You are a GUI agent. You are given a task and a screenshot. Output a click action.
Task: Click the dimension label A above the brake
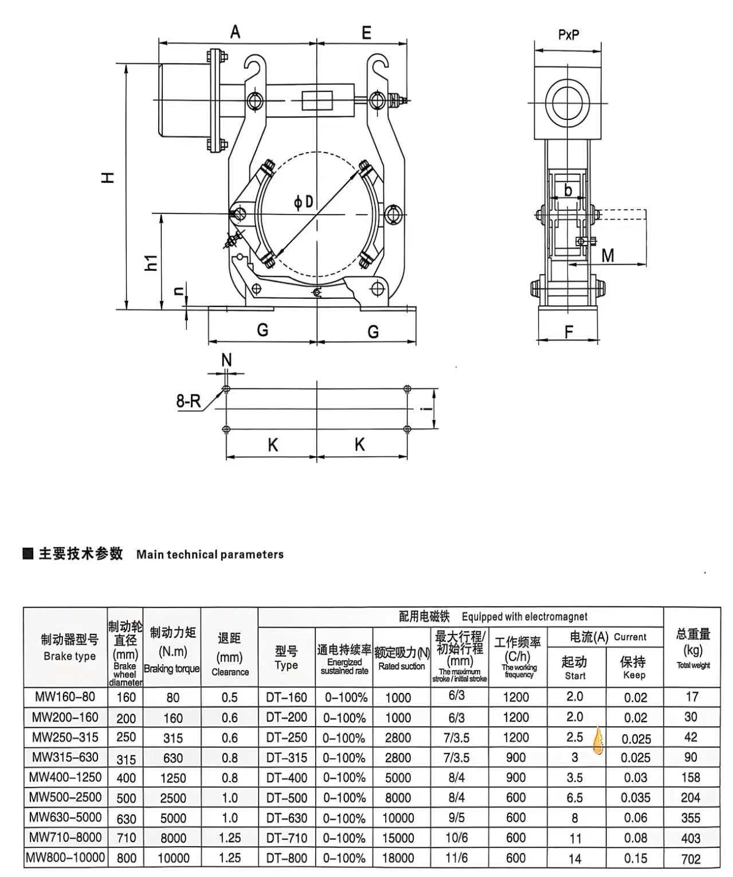pyautogui.click(x=235, y=32)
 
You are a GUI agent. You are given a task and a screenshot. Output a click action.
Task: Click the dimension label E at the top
pyautogui.click(x=366, y=33)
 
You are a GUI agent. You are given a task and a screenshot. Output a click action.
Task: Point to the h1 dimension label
pyautogui.click(x=151, y=263)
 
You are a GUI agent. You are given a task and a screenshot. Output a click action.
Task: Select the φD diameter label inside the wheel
pyautogui.click(x=304, y=202)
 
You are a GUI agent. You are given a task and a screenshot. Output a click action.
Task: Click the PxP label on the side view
pyautogui.click(x=569, y=35)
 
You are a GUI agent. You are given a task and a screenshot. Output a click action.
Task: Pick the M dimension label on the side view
pyautogui.click(x=608, y=255)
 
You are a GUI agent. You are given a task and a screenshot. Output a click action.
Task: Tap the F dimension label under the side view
pyautogui.click(x=569, y=332)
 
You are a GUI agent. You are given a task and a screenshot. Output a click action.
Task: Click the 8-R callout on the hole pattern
pyautogui.click(x=189, y=401)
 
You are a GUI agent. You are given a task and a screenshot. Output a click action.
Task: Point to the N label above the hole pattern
pyautogui.click(x=226, y=360)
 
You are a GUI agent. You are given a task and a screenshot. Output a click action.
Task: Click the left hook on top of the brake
pyautogui.click(x=255, y=65)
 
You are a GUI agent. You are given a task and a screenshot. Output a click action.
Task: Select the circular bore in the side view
pyautogui.click(x=567, y=104)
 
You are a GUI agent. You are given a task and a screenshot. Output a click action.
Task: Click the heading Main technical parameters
pyautogui.click(x=210, y=555)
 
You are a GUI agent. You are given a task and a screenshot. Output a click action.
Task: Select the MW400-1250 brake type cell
pyautogui.click(x=65, y=777)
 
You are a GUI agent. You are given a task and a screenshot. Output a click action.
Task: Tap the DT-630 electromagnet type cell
pyautogui.click(x=287, y=817)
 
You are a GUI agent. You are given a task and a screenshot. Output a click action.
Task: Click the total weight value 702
pyautogui.click(x=691, y=859)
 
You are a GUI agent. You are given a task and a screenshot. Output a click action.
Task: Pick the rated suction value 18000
pyautogui.click(x=398, y=858)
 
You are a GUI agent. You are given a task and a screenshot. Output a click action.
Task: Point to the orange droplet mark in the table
pyautogui.click(x=598, y=740)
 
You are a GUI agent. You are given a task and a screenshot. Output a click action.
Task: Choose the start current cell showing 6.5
pyautogui.click(x=575, y=798)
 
